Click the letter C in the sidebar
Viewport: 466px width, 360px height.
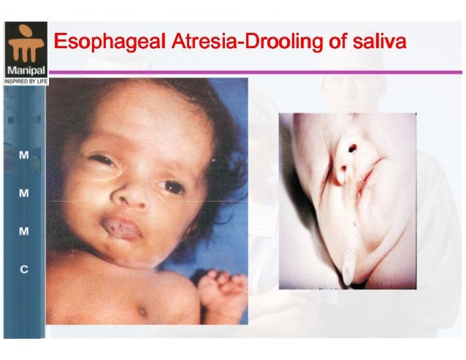[x=24, y=269]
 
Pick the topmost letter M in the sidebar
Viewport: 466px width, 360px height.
[x=24, y=156]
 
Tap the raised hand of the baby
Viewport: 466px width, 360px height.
[x=219, y=288]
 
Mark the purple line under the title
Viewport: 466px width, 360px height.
[x=256, y=72]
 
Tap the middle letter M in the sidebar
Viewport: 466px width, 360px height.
[x=24, y=194]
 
